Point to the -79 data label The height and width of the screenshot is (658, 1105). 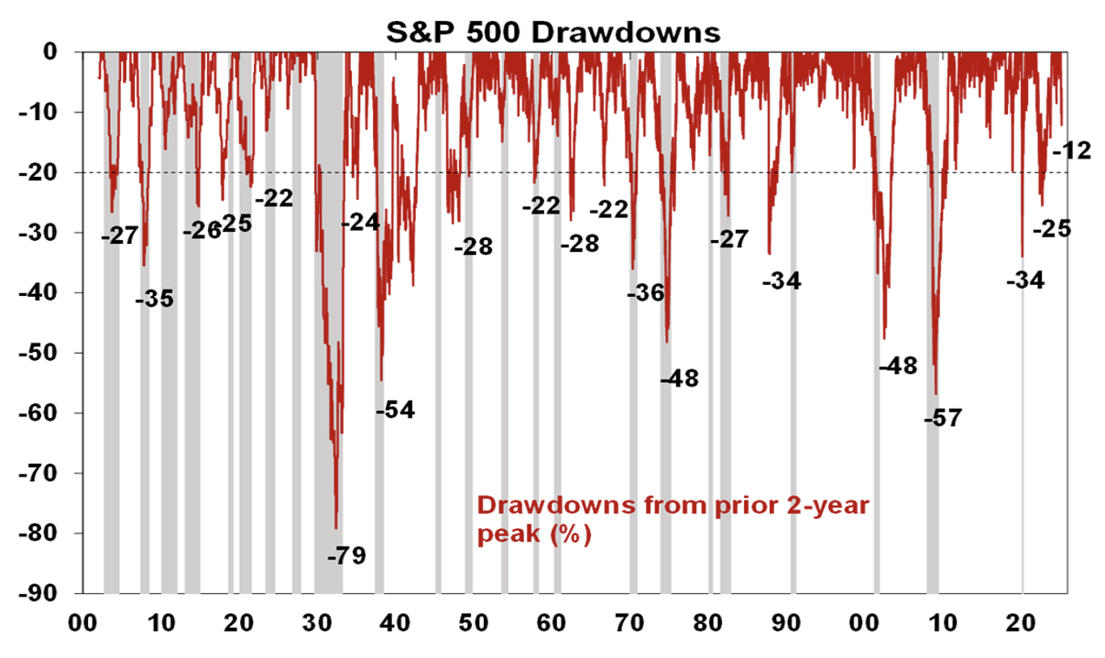[x=346, y=555]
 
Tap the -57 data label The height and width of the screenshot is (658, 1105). [x=943, y=419]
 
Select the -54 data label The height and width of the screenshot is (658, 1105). [x=395, y=410]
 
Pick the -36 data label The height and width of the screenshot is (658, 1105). [x=645, y=293]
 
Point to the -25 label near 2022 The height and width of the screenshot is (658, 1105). [x=1052, y=229]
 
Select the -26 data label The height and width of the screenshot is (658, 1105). [x=202, y=230]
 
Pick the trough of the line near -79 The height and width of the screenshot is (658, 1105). [x=336, y=529]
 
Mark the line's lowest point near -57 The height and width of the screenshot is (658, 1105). [x=935, y=394]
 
